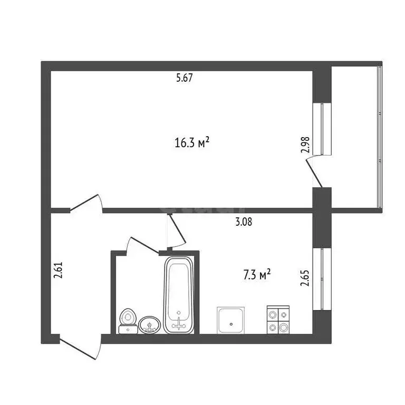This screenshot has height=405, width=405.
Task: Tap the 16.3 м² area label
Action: (x=192, y=142)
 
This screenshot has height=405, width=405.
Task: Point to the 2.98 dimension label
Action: (x=305, y=145)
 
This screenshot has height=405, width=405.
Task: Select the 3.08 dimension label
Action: (x=244, y=222)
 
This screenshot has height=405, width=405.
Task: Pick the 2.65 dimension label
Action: (x=304, y=278)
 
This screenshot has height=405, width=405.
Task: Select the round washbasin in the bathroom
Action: (x=150, y=325)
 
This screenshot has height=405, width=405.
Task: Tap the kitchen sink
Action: (x=231, y=320)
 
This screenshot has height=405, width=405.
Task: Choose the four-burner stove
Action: (x=277, y=320)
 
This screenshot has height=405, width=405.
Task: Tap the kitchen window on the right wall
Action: (x=322, y=278)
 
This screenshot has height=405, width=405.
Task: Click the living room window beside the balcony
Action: (x=322, y=129)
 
